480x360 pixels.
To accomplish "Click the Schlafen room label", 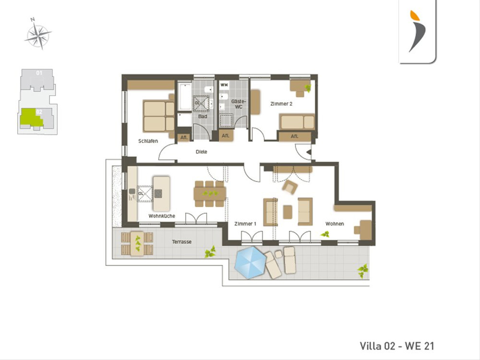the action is click(x=148, y=141).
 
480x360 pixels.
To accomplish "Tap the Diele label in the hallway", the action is click(x=202, y=152).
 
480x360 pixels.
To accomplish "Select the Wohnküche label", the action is click(x=162, y=216).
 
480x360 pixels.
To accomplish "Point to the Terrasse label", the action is click(x=182, y=242).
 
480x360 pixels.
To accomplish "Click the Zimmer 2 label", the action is click(x=281, y=104).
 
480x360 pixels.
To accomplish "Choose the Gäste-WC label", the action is click(x=238, y=104).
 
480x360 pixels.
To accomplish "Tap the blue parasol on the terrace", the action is click(x=250, y=263).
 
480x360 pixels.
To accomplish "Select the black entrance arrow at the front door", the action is click(x=309, y=152).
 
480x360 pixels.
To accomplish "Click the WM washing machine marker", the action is click(x=224, y=85).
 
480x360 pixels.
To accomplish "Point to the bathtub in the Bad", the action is click(x=184, y=96).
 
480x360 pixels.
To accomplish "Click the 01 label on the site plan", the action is click(x=39, y=73).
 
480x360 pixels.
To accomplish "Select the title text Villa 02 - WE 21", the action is click(x=397, y=346).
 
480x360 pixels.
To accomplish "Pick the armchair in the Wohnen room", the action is click(x=290, y=187).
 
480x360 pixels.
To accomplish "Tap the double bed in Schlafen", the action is click(x=159, y=116).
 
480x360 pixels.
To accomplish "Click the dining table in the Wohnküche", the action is click(x=210, y=194).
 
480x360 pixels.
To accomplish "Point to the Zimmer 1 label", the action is click(x=245, y=224).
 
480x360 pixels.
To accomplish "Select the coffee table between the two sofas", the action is click(x=288, y=212).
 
